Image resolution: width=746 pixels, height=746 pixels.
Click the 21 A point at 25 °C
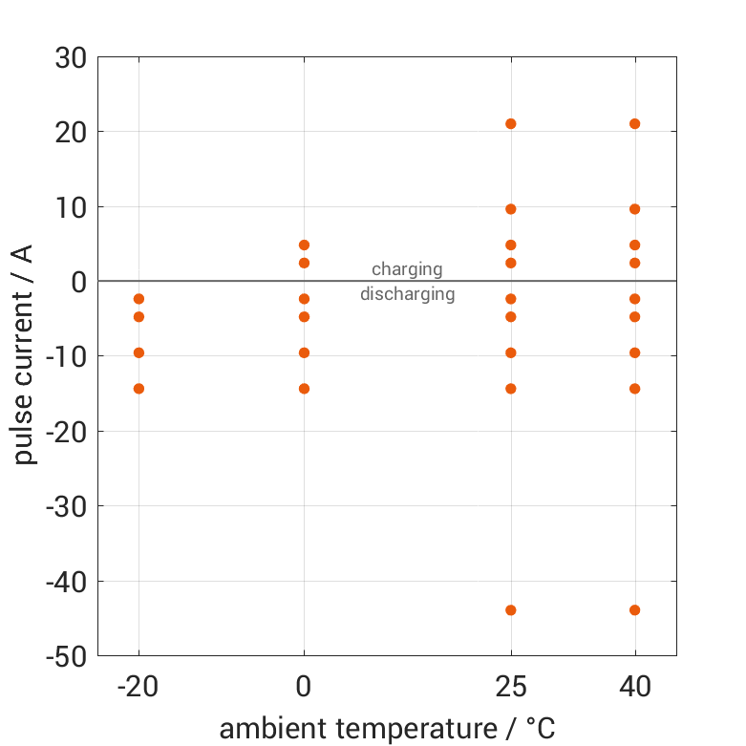(x=511, y=124)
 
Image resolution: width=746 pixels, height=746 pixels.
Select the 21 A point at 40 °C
(x=635, y=124)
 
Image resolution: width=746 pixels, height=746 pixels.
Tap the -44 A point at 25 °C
(x=511, y=610)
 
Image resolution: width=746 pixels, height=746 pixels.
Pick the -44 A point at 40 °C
(x=635, y=610)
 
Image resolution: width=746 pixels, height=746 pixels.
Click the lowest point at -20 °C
(x=139, y=389)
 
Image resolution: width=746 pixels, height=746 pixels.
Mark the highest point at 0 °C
(x=305, y=245)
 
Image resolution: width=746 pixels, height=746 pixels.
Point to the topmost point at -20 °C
(x=139, y=299)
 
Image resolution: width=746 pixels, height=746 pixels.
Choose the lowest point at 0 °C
(x=305, y=389)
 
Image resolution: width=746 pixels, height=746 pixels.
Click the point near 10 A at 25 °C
(x=511, y=209)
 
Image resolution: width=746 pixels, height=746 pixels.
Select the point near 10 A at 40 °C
(x=635, y=209)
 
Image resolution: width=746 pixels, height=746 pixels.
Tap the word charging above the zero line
(x=407, y=269)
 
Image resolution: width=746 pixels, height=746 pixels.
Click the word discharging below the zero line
(x=407, y=294)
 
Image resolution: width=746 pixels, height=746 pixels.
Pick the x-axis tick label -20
(x=139, y=686)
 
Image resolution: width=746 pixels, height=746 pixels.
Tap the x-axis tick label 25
(x=511, y=686)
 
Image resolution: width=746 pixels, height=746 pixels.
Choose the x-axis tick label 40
(x=635, y=686)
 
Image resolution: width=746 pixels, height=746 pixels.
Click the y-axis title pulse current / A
(x=26, y=355)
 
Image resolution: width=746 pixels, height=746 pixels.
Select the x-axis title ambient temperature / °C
(x=387, y=729)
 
